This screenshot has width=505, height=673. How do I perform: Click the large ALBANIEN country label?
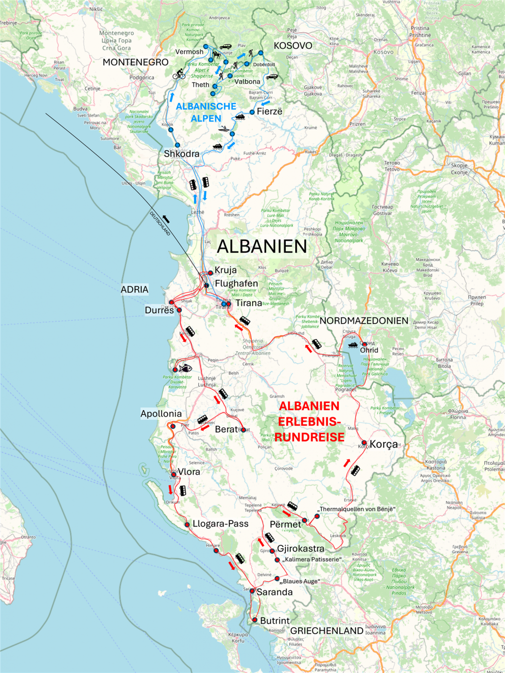[262, 246]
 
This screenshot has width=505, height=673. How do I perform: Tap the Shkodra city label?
[182, 154]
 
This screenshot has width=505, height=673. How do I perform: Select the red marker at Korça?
[364, 443]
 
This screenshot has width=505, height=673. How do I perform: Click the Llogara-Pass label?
[220, 523]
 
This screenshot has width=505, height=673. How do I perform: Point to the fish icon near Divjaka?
[185, 368]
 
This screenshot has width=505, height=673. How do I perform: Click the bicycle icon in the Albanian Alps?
[179, 75]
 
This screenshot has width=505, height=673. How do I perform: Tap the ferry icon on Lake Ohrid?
[352, 344]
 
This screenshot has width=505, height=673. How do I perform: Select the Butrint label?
[275, 621]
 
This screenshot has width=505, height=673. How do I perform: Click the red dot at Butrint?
[255, 620]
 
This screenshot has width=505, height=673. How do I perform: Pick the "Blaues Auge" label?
[300, 581]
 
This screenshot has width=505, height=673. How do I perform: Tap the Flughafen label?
[236, 283]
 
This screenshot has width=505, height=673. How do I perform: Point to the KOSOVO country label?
[293, 45]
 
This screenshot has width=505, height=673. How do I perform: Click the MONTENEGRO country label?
[135, 62]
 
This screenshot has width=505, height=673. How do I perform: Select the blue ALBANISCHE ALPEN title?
[206, 112]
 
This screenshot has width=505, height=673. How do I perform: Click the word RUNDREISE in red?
[310, 437]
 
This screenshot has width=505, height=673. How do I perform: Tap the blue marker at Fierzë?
[252, 112]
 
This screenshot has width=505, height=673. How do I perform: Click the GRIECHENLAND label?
[326, 631]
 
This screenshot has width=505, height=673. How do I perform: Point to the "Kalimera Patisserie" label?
[312, 560]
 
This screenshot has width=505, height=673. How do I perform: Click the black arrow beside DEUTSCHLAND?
[166, 219]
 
